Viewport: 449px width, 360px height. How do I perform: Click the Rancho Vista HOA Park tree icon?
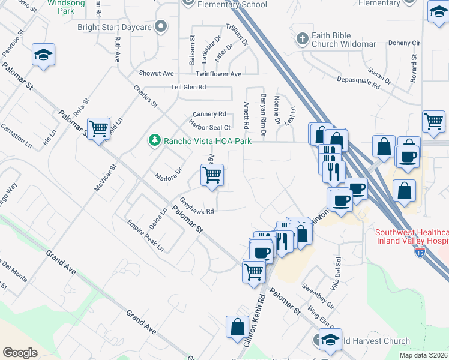[x=155, y=140]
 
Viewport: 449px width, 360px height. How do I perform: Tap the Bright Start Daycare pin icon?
[x=160, y=27]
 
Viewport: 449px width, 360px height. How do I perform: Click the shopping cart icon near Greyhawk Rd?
[x=211, y=175]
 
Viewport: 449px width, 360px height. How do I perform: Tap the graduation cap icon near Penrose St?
[x=43, y=55]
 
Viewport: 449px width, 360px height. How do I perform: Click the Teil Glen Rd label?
[x=188, y=87]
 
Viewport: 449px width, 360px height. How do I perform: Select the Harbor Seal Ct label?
[x=210, y=127]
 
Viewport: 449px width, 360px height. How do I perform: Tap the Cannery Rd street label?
[x=209, y=114]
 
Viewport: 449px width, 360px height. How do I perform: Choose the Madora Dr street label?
[x=168, y=174]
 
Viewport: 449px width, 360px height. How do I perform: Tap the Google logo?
[x=20, y=353]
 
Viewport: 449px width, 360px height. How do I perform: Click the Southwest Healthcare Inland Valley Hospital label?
[x=412, y=237]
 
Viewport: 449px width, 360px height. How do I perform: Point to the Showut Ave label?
[x=156, y=74]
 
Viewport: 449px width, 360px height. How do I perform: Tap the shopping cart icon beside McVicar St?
[x=98, y=128]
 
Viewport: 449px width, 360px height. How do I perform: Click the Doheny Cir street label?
[x=404, y=43]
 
